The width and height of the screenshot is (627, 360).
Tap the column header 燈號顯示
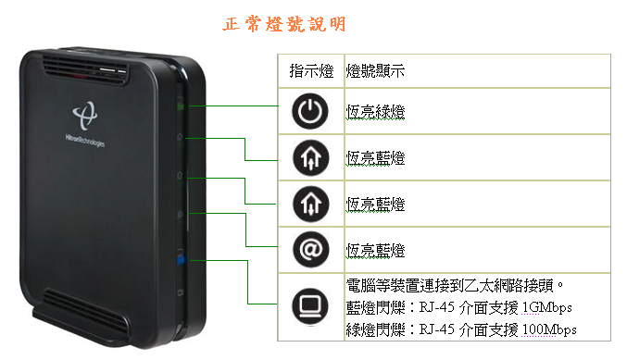(x=375, y=70)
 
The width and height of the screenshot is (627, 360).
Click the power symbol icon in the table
(x=309, y=112)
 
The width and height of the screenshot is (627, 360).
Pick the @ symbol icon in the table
(x=309, y=250)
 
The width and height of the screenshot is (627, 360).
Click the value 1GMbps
(x=548, y=307)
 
